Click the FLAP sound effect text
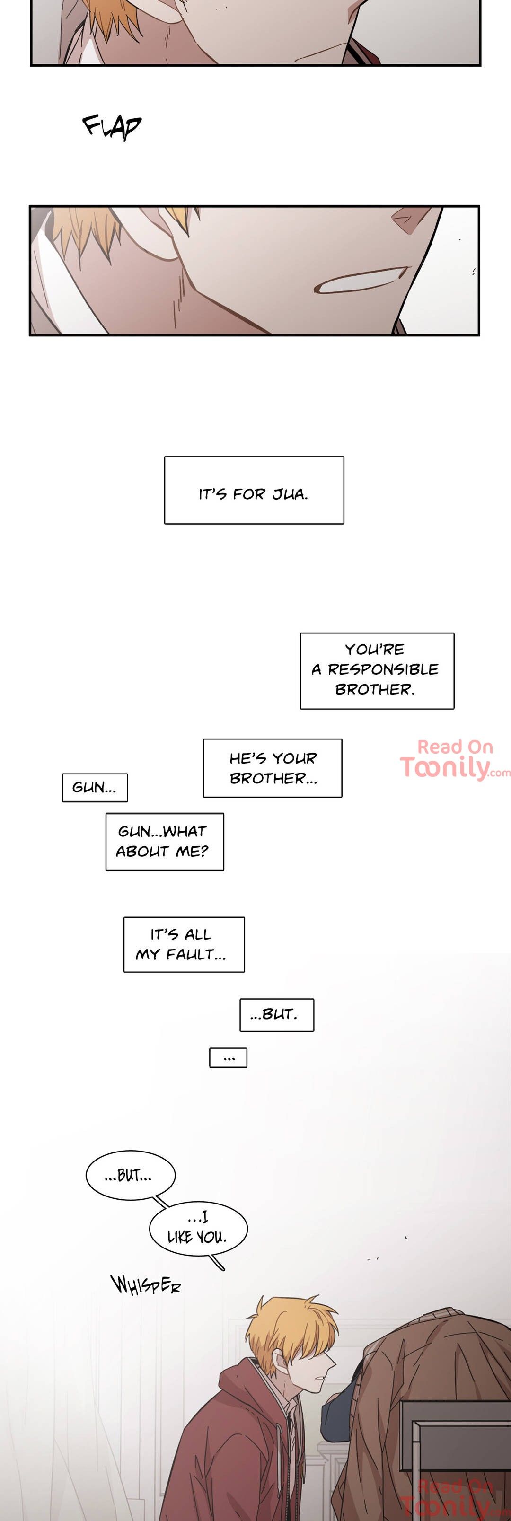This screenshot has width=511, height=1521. click(x=112, y=126)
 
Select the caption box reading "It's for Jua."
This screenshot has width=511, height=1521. click(x=254, y=490)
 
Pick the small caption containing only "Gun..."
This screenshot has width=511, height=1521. click(x=95, y=788)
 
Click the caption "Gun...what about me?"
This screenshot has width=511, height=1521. click(x=164, y=841)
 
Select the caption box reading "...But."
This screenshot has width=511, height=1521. click(x=276, y=1015)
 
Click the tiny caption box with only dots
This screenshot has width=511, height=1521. click(x=228, y=1057)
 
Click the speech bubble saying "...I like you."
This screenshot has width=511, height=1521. click(x=198, y=1228)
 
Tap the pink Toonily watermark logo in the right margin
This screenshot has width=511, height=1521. click(x=454, y=760)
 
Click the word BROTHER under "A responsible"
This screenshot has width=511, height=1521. click(x=375, y=690)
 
